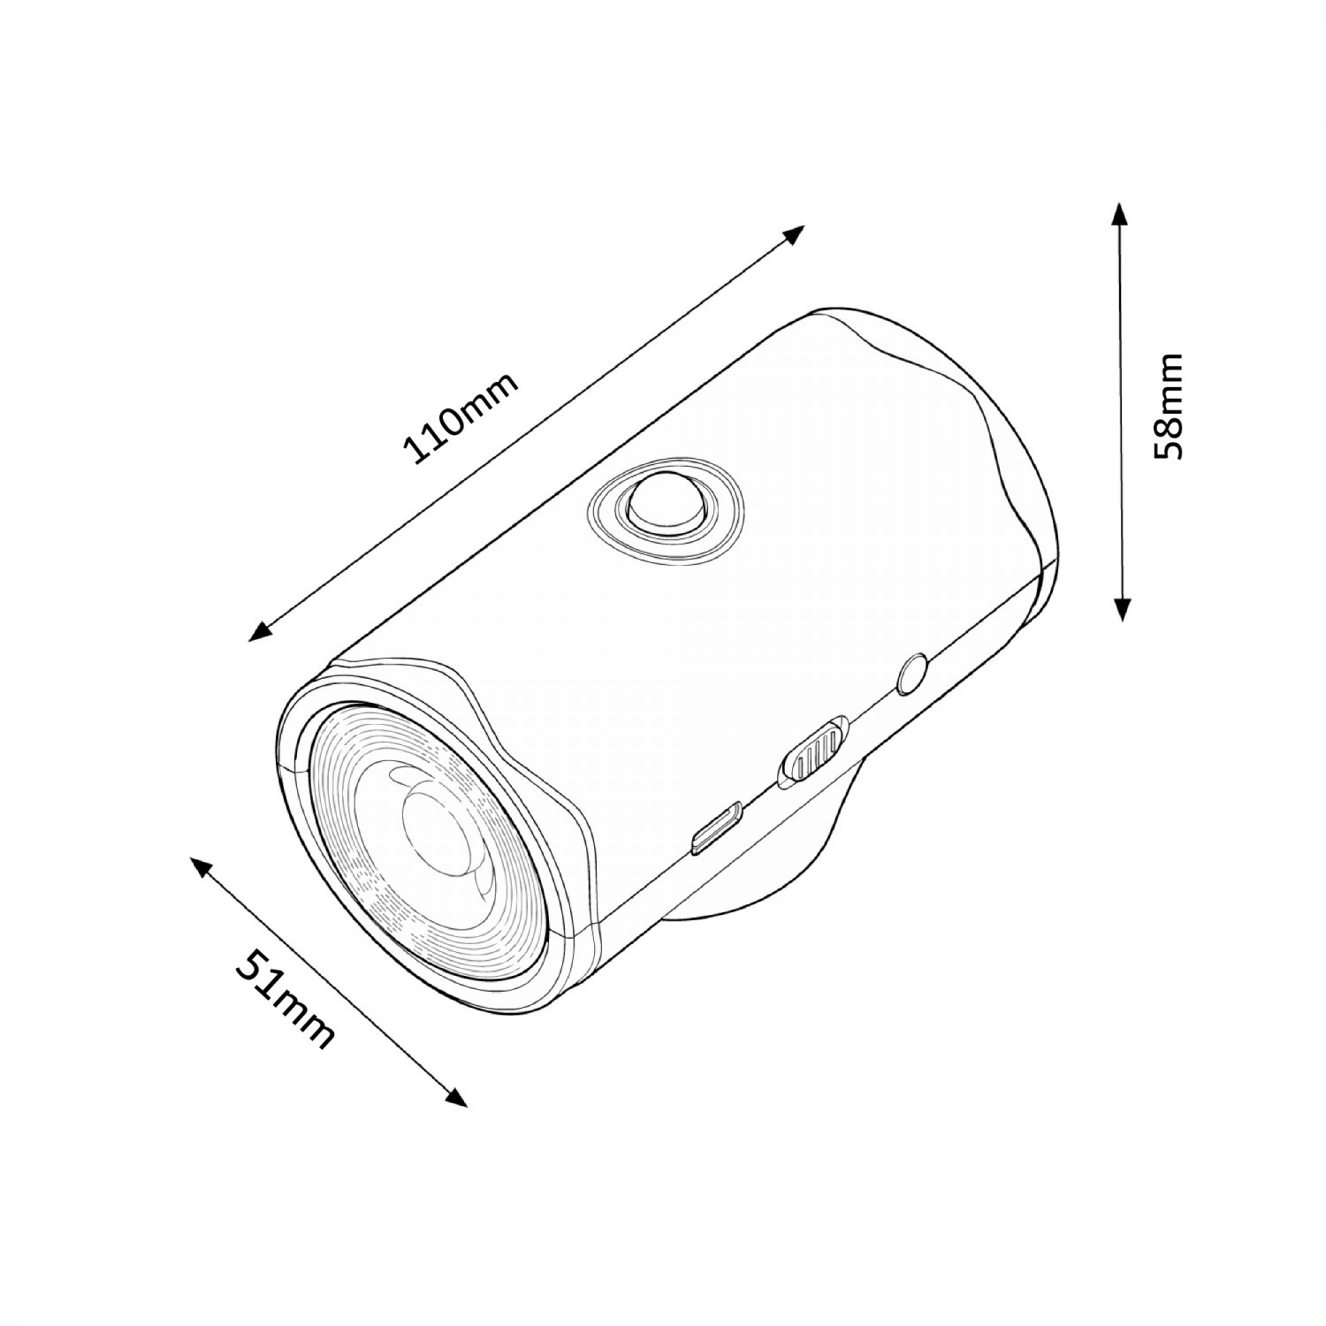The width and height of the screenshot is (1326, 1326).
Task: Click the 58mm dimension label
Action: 1168,407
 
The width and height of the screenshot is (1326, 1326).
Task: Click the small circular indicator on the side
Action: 912,674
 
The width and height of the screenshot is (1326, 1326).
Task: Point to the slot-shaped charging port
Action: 717,827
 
